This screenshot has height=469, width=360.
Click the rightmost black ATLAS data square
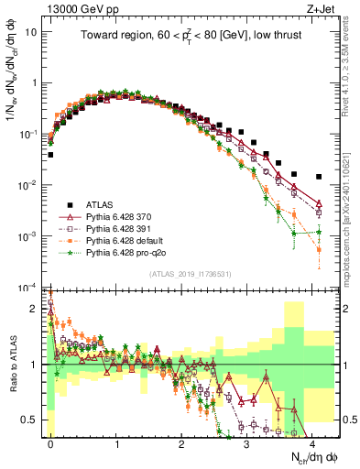(318, 177)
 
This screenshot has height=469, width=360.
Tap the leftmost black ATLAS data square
(50, 155)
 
